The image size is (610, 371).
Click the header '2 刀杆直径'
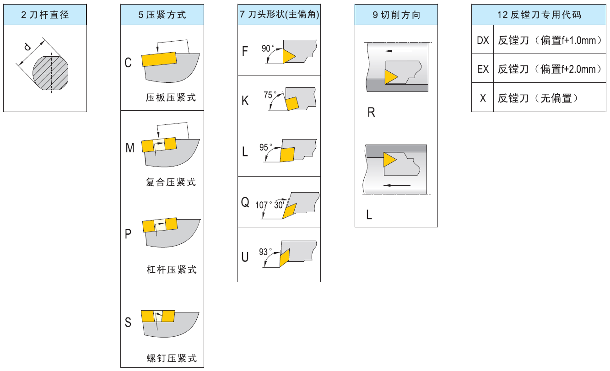(45, 15)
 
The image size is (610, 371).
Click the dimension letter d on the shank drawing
(28, 46)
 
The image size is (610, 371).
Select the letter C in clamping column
(128, 63)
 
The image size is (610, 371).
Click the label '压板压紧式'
(171, 97)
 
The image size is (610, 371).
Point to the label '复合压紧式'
(171, 183)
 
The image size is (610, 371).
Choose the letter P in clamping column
(128, 234)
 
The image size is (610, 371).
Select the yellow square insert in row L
(287, 155)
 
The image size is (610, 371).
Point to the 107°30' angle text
(270, 205)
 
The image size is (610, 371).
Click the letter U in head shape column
(245, 257)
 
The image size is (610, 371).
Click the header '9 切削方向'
(396, 15)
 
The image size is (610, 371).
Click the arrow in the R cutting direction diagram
(398, 50)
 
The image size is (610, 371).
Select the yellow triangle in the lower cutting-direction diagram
(389, 160)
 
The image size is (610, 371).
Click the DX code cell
(483, 40)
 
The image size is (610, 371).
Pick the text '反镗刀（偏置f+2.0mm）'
(550, 69)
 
